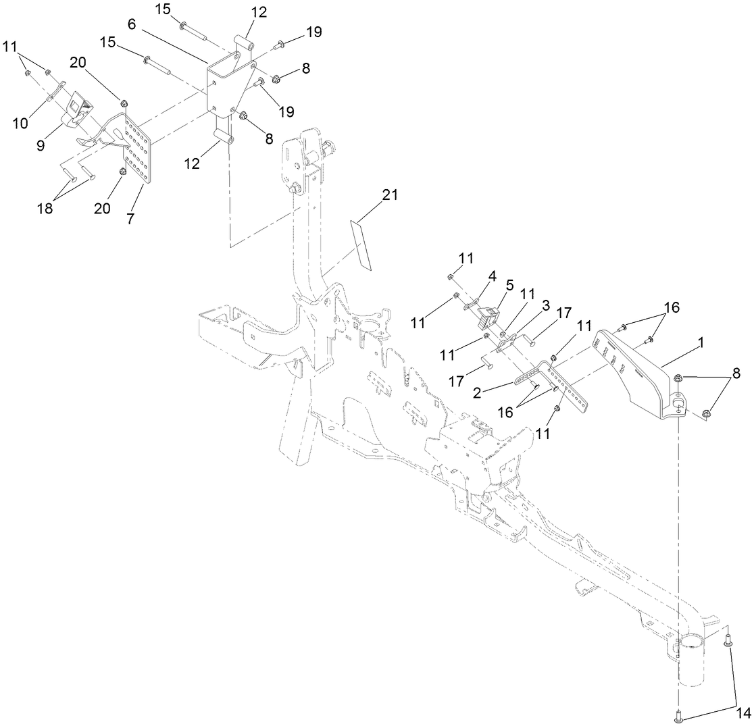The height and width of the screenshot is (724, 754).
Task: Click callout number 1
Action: pyautogui.click(x=700, y=343)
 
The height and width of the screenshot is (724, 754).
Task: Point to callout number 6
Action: pyautogui.click(x=132, y=24)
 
